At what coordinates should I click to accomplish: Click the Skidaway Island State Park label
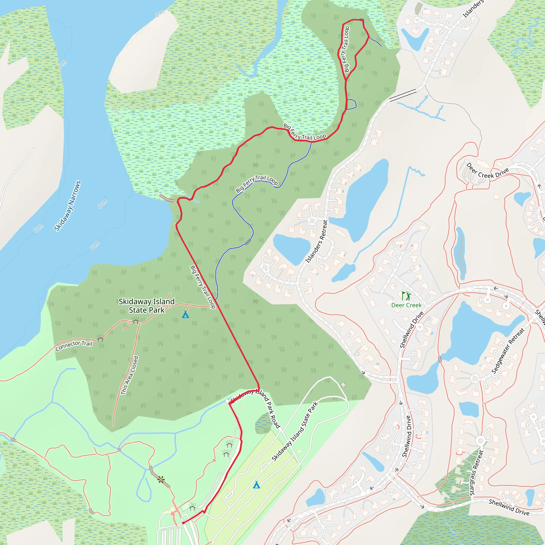[x=146, y=305]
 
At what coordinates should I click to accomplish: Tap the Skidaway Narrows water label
[x=67, y=206]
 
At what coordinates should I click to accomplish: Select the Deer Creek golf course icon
[x=406, y=296]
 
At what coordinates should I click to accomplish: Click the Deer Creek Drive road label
[x=487, y=171]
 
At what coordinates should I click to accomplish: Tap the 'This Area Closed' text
[x=130, y=375]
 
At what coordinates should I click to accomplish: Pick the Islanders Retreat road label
[x=316, y=241]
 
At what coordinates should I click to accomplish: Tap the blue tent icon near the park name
[x=185, y=314]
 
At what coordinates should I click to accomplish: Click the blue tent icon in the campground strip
[x=256, y=485]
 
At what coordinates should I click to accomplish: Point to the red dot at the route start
[x=183, y=523]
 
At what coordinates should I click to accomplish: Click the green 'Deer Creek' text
[x=406, y=305]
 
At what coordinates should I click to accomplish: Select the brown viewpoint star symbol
[x=161, y=479]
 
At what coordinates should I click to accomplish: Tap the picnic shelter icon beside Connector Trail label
[x=100, y=338]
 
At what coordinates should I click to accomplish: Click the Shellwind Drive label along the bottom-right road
[x=509, y=507]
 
